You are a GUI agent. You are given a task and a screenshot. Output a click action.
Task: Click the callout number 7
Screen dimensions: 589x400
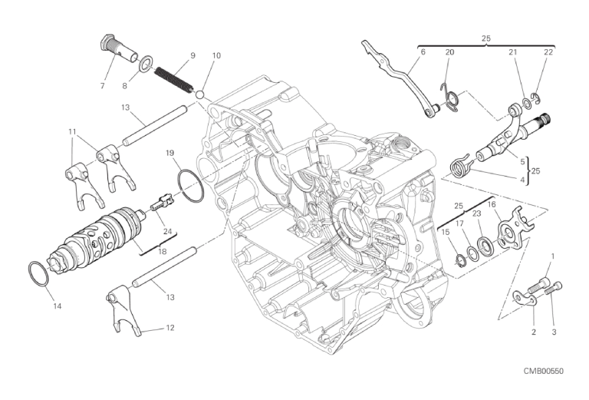pyautogui.click(x=103, y=86)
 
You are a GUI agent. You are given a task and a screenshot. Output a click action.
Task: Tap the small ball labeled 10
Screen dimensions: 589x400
pyautogui.click(x=200, y=94)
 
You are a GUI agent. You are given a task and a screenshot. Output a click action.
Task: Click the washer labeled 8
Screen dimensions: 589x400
pyautogui.click(x=145, y=64)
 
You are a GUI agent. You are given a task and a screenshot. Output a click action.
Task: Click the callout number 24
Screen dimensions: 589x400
pyautogui.click(x=167, y=231)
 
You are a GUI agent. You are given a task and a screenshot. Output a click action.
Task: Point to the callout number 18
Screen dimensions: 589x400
pyautogui.click(x=163, y=251)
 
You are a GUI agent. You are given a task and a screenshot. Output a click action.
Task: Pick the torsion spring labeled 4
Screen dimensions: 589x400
pyautogui.click(x=460, y=164)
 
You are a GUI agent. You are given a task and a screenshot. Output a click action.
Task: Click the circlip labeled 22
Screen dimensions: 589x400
pyautogui.click(x=535, y=97)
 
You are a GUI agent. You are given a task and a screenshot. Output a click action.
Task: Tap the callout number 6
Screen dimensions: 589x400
pyautogui.click(x=423, y=52)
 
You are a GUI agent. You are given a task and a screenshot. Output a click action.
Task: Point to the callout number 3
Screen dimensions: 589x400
pyautogui.click(x=554, y=332)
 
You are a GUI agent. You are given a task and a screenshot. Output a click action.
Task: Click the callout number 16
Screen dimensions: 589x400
pyautogui.click(x=492, y=204)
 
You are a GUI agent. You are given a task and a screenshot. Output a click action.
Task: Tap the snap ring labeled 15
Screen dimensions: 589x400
pyautogui.click(x=459, y=260)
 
